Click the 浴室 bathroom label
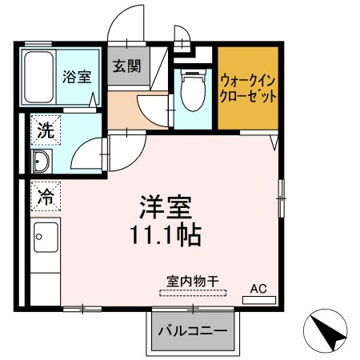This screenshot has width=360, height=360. pos(77,78)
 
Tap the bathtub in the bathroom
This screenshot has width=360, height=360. pos(37,76)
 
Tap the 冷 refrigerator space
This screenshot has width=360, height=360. pos(46,195)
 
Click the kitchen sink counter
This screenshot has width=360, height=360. pos(46,240)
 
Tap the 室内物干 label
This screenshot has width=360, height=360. pos(192,281)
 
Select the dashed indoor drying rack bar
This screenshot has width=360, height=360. pos(192,293)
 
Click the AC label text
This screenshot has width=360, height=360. pos(258,288)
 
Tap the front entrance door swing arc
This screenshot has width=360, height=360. pos(120,24)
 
